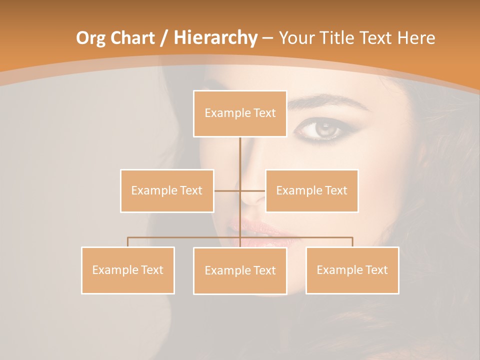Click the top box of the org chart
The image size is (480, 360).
point(240,113)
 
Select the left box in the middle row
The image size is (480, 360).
point(167,190)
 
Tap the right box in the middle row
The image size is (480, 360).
point(311,190)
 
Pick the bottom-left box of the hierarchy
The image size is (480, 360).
point(128,270)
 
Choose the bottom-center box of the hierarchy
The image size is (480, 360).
point(240,270)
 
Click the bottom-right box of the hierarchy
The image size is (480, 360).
point(352,270)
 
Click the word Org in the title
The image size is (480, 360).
point(91,38)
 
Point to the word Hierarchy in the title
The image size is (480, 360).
point(215,38)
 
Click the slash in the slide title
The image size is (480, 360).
point(163,38)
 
